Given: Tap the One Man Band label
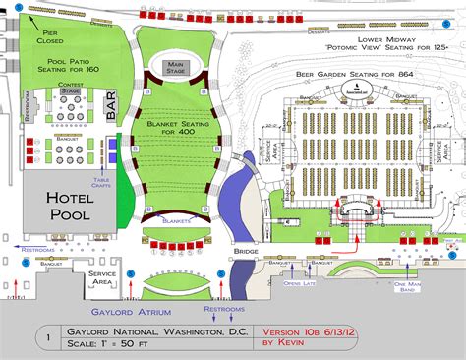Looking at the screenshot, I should click(407, 285).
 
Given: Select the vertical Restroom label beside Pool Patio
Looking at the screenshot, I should click(27, 101).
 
